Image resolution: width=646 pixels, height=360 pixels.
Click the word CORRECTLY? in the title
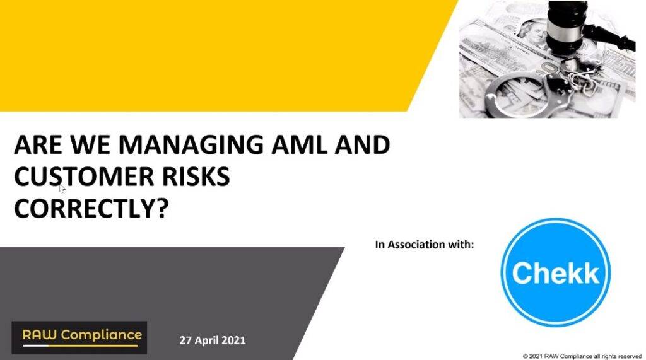[x=91, y=209]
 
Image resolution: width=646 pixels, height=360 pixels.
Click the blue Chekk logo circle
[x=555, y=272]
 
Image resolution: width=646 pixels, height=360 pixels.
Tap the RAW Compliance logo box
[x=79, y=337]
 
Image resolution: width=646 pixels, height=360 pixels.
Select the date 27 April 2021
[x=213, y=340]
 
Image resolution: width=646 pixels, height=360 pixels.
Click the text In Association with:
[x=425, y=244]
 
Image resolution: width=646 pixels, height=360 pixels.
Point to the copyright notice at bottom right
[x=582, y=356]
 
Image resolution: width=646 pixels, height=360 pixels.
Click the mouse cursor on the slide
[x=62, y=188]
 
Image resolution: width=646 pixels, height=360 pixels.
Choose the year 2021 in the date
[x=233, y=340]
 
